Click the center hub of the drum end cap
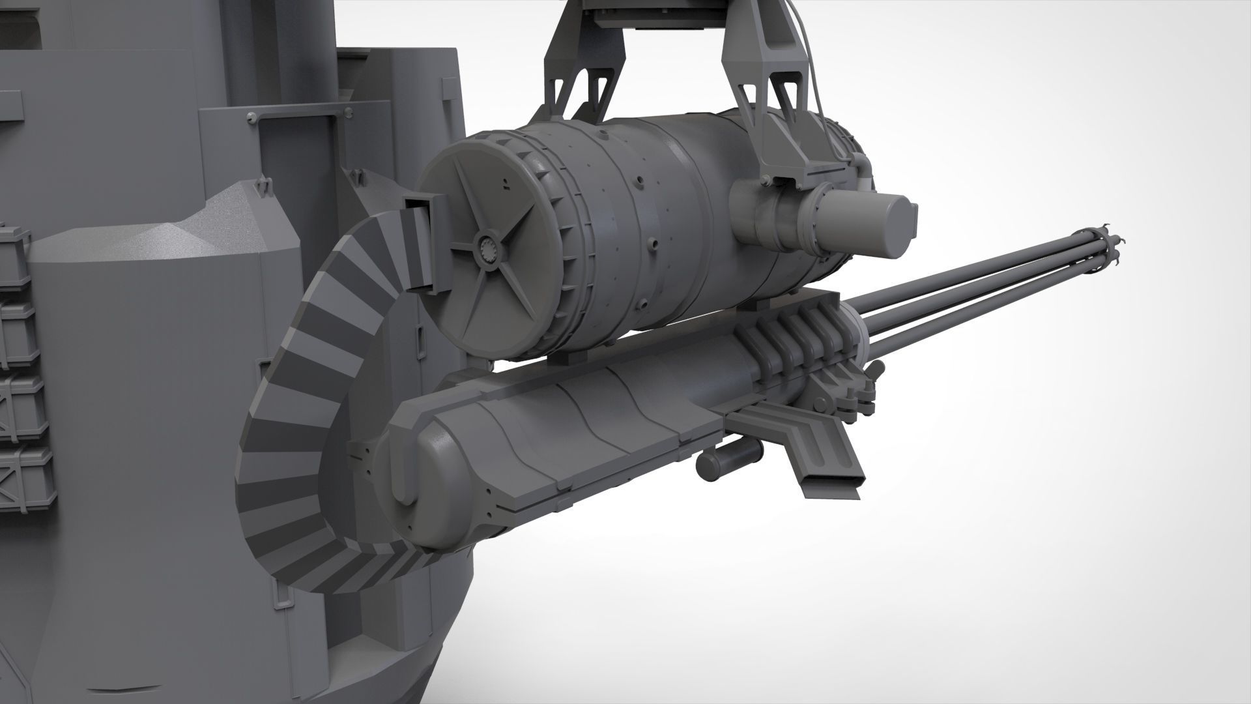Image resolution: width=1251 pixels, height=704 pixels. pyautogui.click(x=488, y=248)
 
